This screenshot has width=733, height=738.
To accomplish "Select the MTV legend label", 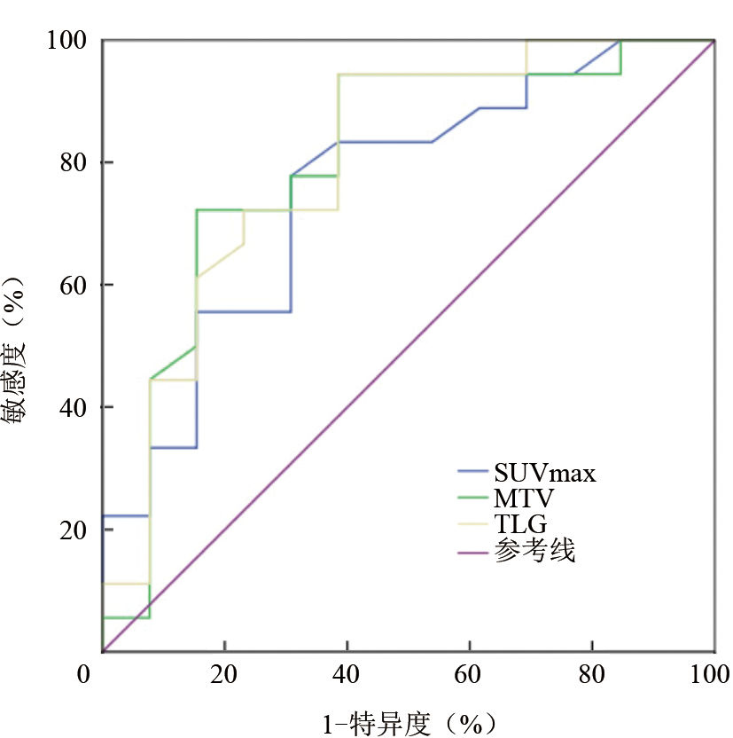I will point(525,499).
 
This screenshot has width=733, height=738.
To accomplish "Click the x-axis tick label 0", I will point(85,674).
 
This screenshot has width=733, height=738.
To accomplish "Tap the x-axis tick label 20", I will point(225,674).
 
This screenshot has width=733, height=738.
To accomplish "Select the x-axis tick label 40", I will point(347,674).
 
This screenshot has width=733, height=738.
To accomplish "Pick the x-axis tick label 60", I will point(470,674).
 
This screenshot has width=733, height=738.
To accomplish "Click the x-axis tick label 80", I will point(592,674).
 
